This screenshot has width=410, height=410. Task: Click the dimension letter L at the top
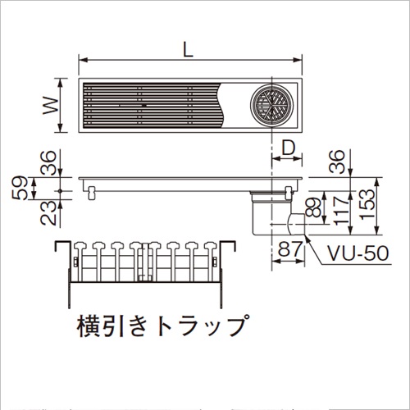pos(188,50)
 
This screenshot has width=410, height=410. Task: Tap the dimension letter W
pos(51,106)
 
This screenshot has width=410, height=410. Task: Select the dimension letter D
pos(289,148)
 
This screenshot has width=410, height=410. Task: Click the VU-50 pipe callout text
pos(358,253)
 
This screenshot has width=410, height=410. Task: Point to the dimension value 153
pos(367,204)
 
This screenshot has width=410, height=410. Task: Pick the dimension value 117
pos(341,210)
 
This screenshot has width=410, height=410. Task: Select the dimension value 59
pos(20,188)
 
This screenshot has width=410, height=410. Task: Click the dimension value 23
pos(48,213)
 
